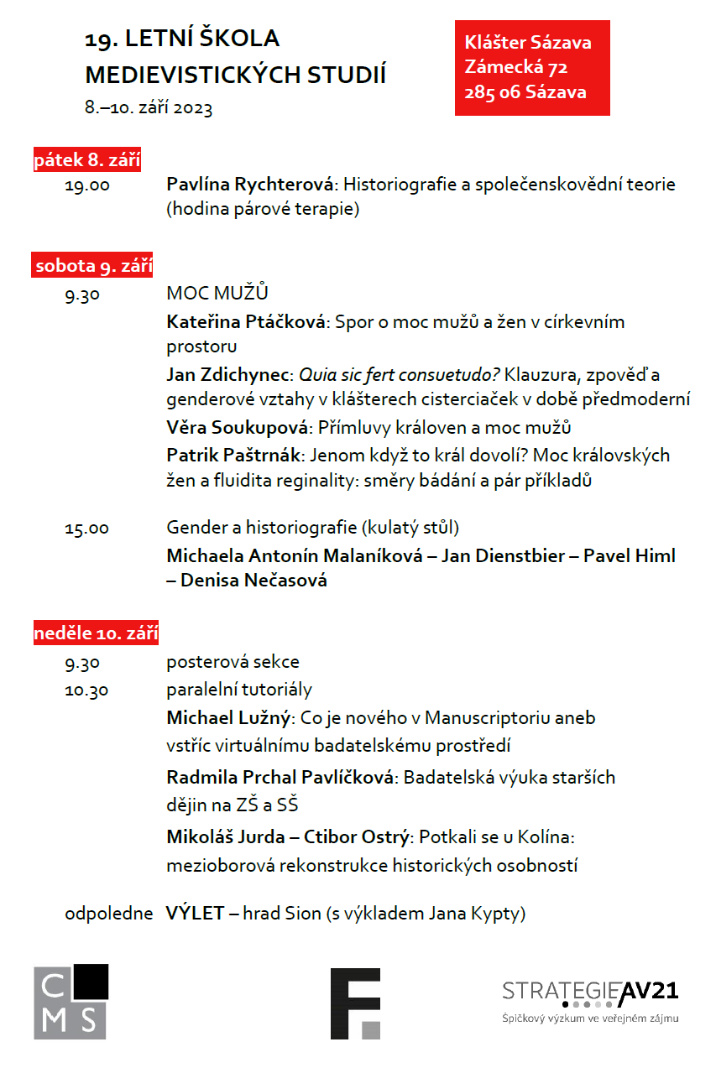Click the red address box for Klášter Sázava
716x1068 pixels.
pyautogui.click(x=531, y=67)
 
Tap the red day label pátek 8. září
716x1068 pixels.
pyautogui.click(x=87, y=159)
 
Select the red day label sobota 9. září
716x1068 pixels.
pyautogui.click(x=93, y=266)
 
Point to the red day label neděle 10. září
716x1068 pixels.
pyautogui.click(x=97, y=633)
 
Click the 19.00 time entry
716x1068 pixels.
pyautogui.click(x=86, y=185)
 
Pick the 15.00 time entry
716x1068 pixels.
pyautogui.click(x=86, y=529)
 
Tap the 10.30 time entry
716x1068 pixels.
pyautogui.click(x=86, y=690)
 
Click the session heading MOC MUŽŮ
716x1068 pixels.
pyautogui.click(x=217, y=293)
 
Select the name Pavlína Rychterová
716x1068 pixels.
pyautogui.click(x=251, y=185)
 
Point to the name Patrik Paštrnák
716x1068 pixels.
pyautogui.click(x=233, y=455)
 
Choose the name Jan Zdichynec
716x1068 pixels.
pyautogui.click(x=228, y=374)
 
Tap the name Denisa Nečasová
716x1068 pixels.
pyautogui.click(x=253, y=580)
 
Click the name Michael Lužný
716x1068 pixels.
pyautogui.click(x=228, y=717)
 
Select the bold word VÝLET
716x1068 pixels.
pyautogui.click(x=195, y=914)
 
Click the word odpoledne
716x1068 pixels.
pyautogui.click(x=108, y=914)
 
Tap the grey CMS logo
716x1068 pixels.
pyautogui.click(x=71, y=1002)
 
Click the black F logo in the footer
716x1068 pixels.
pyautogui.click(x=355, y=1003)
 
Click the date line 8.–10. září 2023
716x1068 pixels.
pyautogui.click(x=149, y=107)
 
